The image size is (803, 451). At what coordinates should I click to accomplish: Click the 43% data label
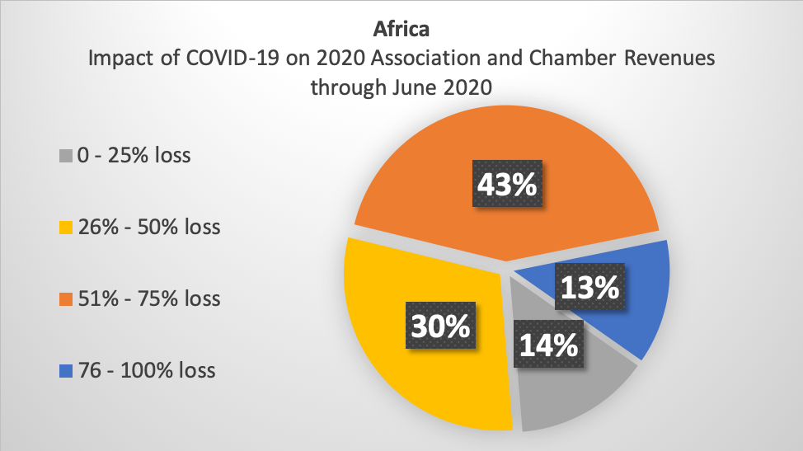click(x=507, y=183)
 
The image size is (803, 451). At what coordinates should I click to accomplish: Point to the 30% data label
click(x=440, y=325)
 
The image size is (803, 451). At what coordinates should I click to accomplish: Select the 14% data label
click(x=548, y=344)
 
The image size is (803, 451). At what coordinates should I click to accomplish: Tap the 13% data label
click(x=590, y=286)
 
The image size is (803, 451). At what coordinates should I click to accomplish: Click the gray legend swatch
click(x=66, y=156)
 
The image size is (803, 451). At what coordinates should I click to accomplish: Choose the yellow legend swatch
click(x=66, y=228)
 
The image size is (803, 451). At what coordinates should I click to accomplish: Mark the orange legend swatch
click(x=66, y=299)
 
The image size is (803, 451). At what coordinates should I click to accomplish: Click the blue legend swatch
click(x=66, y=371)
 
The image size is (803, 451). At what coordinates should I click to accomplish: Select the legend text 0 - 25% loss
click(x=134, y=155)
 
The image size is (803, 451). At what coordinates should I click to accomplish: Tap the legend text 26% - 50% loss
click(x=149, y=227)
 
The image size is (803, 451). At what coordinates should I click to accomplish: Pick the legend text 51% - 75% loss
click(x=149, y=298)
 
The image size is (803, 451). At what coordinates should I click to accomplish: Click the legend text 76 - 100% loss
click(x=147, y=370)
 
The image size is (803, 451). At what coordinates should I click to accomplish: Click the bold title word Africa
click(x=401, y=29)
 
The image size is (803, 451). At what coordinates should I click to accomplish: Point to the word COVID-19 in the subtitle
click(x=232, y=58)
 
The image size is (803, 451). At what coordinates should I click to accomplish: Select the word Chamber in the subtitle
click(x=572, y=58)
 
